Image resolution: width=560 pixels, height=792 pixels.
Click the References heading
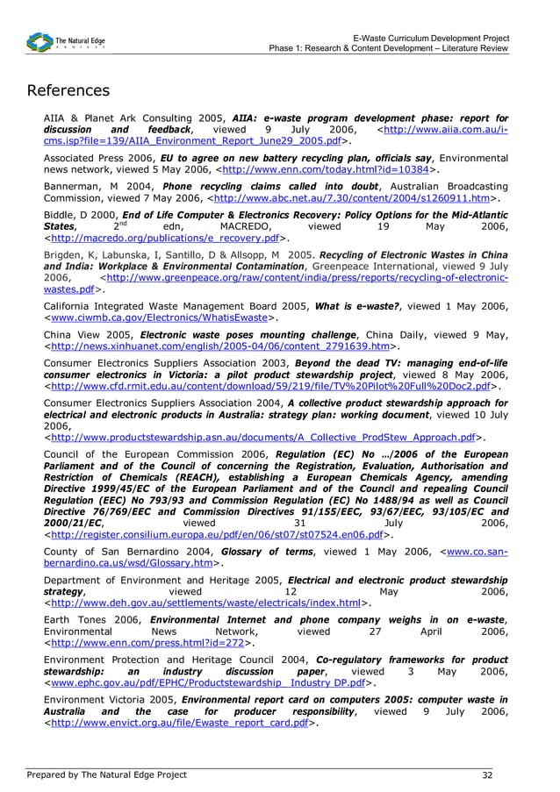point(68,91)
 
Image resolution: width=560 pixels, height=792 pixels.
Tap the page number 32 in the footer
point(486,774)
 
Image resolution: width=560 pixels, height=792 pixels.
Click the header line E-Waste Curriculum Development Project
point(430,38)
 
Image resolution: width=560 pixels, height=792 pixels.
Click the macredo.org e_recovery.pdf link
point(166,238)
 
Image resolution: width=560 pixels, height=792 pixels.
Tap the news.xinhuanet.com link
point(219,346)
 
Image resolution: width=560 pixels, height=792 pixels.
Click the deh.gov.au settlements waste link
point(206,603)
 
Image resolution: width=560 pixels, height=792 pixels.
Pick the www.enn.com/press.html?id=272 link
point(148,643)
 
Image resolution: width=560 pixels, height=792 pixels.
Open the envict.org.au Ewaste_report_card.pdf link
point(180,724)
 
